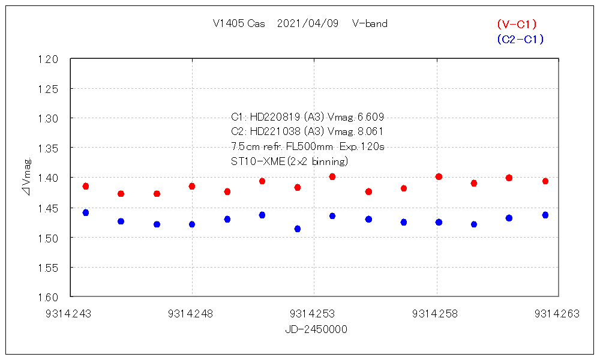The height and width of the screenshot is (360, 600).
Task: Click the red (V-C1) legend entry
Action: coord(517,25)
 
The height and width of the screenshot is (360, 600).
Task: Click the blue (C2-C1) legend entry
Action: coord(520,40)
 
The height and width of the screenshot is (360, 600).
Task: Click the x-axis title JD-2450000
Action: coord(316,329)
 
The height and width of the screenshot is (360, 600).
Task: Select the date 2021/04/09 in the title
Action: coord(308,24)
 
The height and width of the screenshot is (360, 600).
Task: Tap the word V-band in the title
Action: coord(370,24)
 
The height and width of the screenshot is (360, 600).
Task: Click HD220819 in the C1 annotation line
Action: coord(274,117)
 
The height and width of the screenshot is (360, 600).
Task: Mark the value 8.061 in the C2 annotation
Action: coord(370,132)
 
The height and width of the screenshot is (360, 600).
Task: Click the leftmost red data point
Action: coord(86,187)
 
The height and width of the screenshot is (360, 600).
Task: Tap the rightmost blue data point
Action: coord(545,215)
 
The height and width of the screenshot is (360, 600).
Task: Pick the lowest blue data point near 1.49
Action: coord(298,229)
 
